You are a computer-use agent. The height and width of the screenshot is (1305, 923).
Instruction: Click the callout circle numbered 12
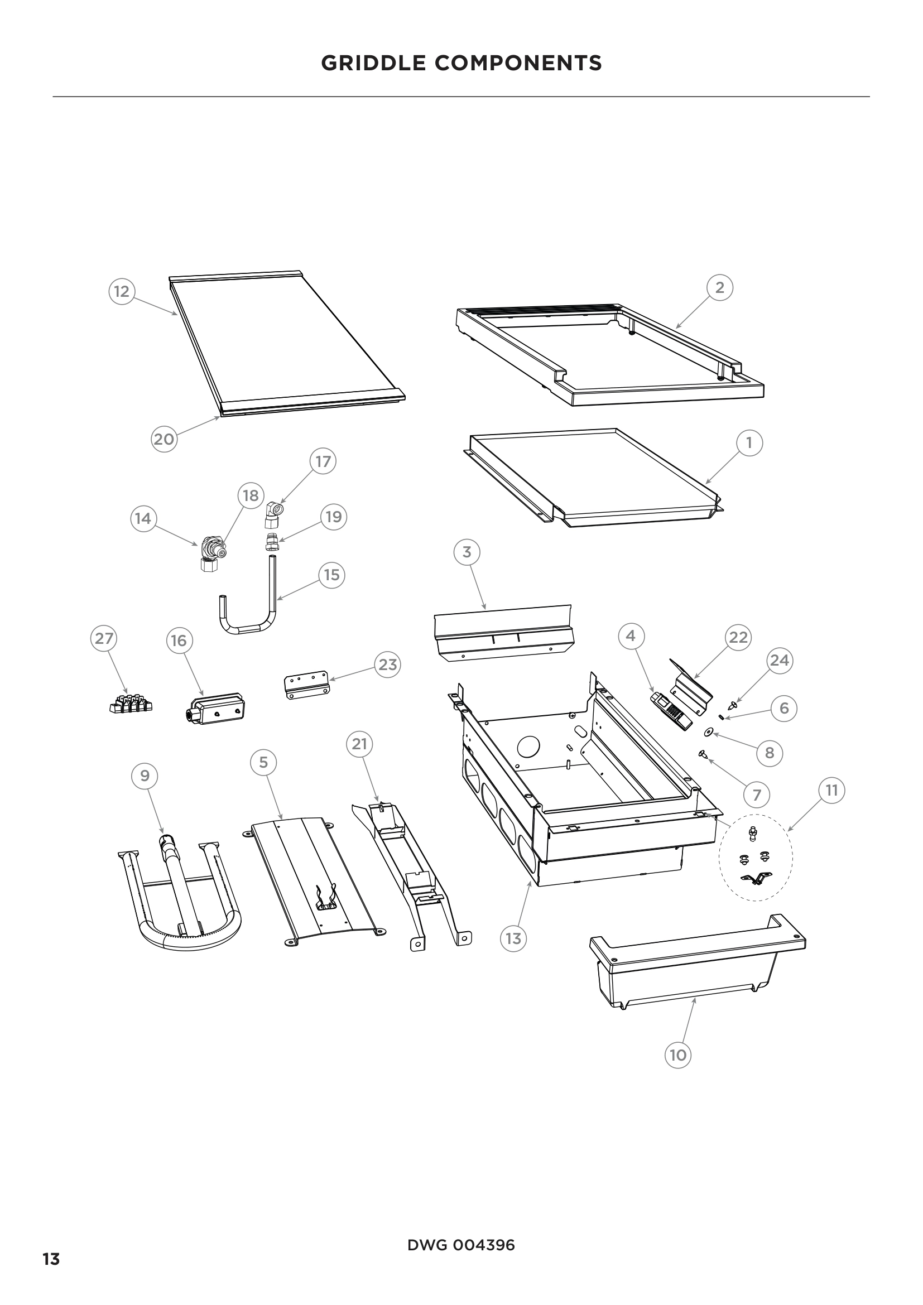tap(121, 292)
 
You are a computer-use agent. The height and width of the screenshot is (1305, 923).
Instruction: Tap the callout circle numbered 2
tap(719, 287)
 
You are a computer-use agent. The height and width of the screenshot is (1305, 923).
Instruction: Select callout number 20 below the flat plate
tap(164, 439)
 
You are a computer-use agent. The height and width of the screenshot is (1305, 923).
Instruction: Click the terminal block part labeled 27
tap(130, 704)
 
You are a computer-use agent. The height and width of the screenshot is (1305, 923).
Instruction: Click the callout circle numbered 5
tap(263, 762)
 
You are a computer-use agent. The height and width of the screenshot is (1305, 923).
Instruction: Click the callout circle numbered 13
tap(513, 938)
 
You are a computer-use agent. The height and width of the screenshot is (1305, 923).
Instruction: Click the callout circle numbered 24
tap(779, 661)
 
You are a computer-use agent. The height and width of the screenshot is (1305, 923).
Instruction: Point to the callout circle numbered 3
tap(467, 552)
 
